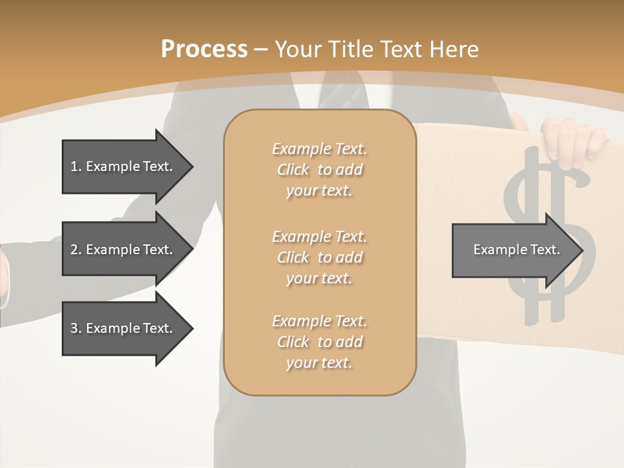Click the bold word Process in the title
point(204,49)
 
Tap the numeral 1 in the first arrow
point(74,166)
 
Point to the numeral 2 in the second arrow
point(74,250)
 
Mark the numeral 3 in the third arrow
point(74,328)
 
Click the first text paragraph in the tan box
point(319,170)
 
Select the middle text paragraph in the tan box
point(319,257)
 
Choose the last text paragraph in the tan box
point(319,342)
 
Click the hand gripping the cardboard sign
point(575,138)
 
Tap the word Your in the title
point(299,49)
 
